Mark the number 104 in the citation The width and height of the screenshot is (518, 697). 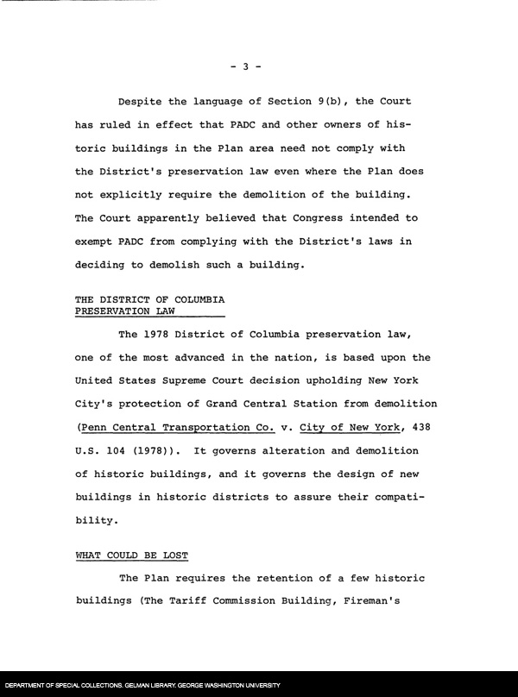pos(117,450)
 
